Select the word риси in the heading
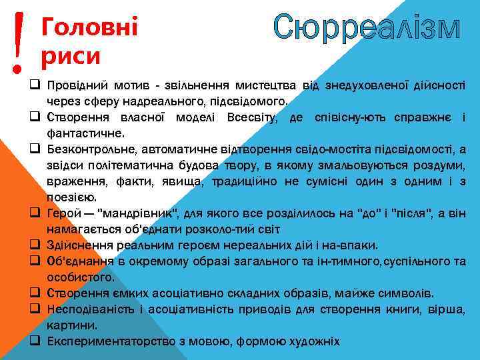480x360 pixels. (70, 56)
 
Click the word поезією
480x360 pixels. (71, 197)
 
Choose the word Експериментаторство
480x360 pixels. (113, 341)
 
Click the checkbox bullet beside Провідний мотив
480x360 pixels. (33, 86)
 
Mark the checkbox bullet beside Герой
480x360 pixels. (33, 213)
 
